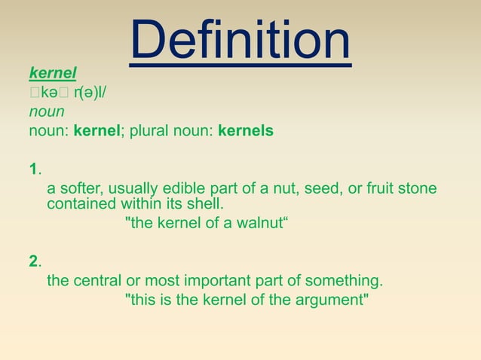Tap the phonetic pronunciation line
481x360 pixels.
click(x=69, y=93)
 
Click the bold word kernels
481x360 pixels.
click(x=245, y=131)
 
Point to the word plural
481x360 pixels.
click(x=150, y=131)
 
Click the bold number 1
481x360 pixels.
click(x=33, y=167)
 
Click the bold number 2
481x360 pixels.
click(x=33, y=262)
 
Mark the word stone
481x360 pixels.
click(x=418, y=188)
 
